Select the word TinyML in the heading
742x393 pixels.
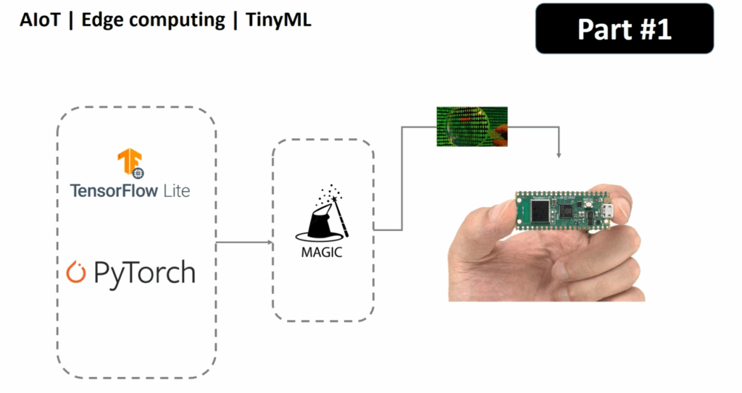(278, 20)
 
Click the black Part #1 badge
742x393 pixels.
(624, 29)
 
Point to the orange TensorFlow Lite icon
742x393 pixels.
(130, 162)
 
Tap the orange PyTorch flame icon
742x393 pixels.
(75, 272)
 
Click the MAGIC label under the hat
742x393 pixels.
(320, 253)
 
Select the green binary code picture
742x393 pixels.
(472, 126)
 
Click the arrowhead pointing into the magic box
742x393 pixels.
(269, 242)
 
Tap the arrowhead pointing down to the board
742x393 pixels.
(559, 155)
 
